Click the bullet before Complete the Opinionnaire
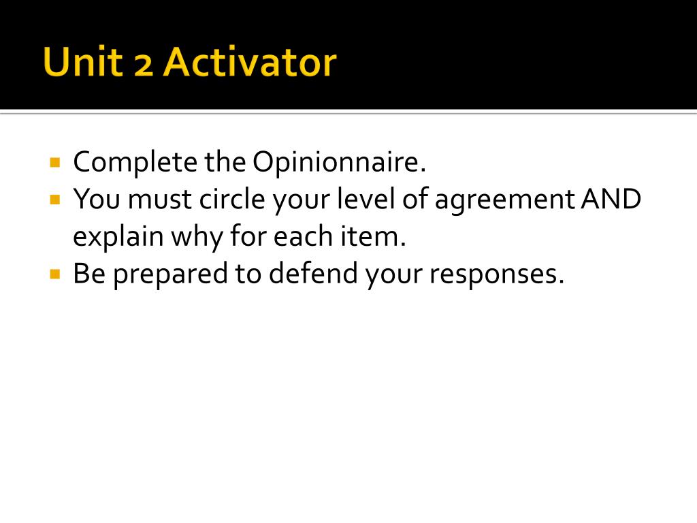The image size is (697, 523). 55,163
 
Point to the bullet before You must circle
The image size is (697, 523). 55,200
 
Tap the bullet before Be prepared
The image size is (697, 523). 55,274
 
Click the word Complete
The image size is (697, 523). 125,163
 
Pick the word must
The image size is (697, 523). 161,200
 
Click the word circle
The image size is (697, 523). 231,200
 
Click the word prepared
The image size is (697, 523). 164,275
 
